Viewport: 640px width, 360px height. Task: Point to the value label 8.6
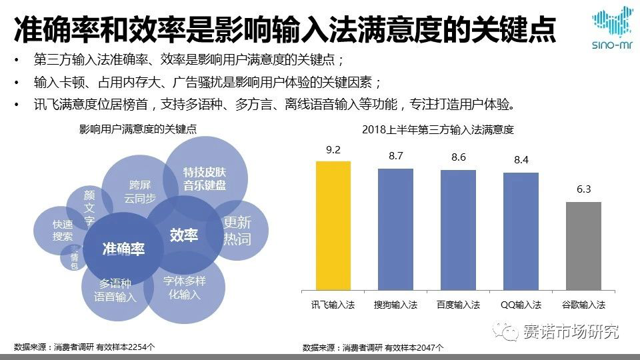click(458, 157)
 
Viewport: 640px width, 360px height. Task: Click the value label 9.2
click(333, 149)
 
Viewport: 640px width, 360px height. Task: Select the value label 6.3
click(583, 189)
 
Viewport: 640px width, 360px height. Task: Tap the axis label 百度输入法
click(458, 305)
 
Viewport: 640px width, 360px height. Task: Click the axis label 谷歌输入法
click(583, 305)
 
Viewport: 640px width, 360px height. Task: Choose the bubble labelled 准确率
click(123, 250)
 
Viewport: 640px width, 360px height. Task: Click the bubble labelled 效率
click(183, 235)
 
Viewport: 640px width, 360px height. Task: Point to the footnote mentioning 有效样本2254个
click(85, 347)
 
